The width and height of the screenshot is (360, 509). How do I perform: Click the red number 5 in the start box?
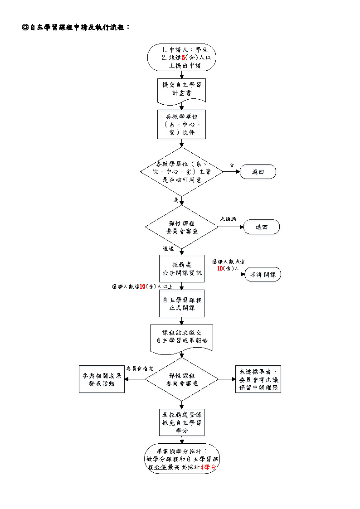[183, 58]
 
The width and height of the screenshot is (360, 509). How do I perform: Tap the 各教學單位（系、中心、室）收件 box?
[182, 124]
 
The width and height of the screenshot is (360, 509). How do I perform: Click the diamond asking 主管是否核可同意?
[182, 171]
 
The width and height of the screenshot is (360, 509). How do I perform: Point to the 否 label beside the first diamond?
[232, 165]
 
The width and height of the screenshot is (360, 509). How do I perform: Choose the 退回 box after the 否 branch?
[258, 172]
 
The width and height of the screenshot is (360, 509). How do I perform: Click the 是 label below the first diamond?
[176, 199]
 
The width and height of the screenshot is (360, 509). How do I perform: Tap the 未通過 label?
[228, 219]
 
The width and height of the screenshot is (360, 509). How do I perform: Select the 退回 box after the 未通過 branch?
[262, 227]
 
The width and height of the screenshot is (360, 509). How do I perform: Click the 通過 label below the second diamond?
[168, 248]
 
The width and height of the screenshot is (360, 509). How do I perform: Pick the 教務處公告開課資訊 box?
[182, 268]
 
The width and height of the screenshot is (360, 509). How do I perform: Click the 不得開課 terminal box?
[263, 275]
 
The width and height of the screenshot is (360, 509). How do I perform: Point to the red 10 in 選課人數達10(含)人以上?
[142, 286]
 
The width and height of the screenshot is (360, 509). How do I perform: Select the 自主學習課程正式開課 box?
[182, 304]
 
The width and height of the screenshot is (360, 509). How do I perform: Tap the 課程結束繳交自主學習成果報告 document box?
[182, 337]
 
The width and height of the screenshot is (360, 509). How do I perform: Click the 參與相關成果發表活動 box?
[102, 379]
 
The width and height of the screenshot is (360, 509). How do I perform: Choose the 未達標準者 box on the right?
[258, 379]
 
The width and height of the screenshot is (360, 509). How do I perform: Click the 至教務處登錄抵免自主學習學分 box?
[182, 422]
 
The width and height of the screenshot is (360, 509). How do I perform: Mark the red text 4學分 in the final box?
[208, 467]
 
